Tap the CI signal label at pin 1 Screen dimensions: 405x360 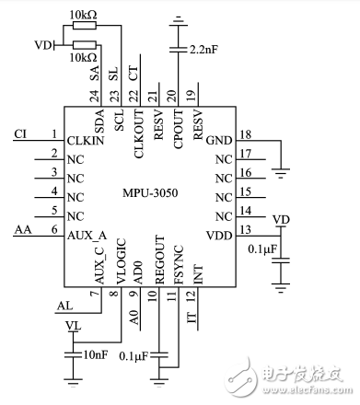21,134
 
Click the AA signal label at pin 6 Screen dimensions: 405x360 23,229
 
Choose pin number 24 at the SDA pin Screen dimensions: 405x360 95,96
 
